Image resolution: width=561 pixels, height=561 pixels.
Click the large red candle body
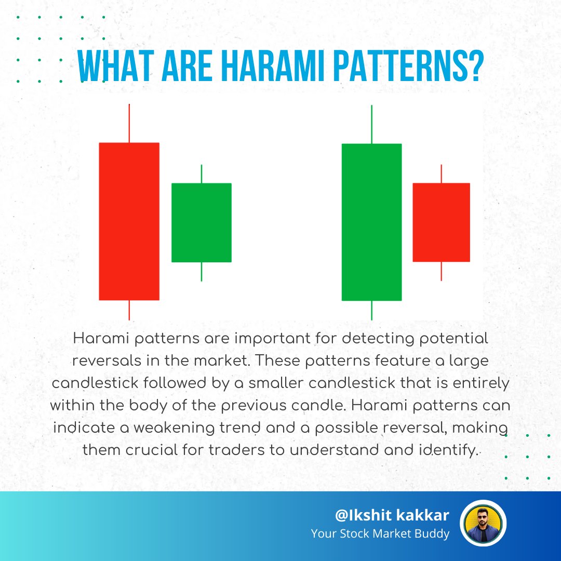pos(129,221)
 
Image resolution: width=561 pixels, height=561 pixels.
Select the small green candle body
pos(202,222)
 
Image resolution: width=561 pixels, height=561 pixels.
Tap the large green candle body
pos(371,222)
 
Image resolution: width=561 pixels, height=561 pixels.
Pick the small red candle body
pos(441,222)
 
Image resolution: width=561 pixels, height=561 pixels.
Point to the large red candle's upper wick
pos(129,123)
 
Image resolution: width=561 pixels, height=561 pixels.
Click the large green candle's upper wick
pos(371,124)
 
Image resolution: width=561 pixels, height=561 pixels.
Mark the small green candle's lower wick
pos(202,272)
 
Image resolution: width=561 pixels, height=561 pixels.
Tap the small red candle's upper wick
pos(441,173)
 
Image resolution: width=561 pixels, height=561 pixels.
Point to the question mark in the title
pos(470,66)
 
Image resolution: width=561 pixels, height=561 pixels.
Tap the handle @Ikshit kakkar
pos(392,515)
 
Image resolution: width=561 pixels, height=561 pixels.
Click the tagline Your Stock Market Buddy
pos(380,533)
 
